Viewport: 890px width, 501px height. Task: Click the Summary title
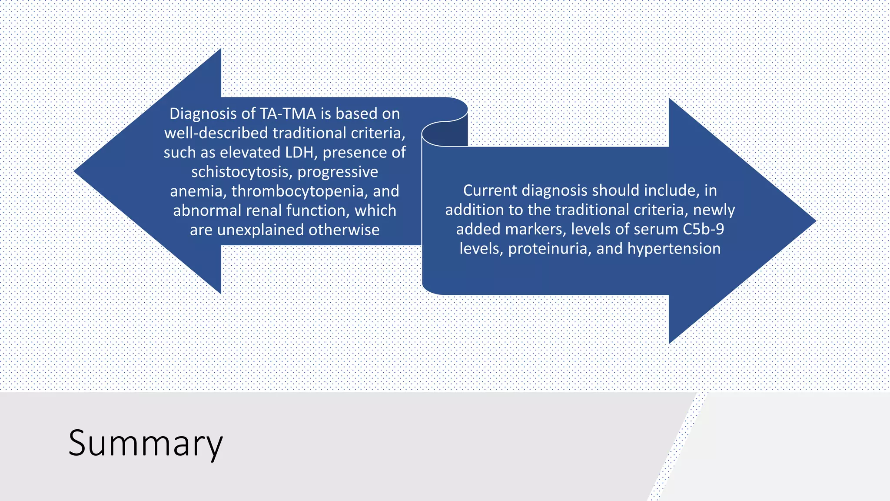[146, 443]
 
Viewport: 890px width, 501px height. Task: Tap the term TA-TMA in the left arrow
[288, 114]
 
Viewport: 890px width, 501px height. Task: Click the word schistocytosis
[242, 172]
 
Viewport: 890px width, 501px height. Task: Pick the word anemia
[198, 191]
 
